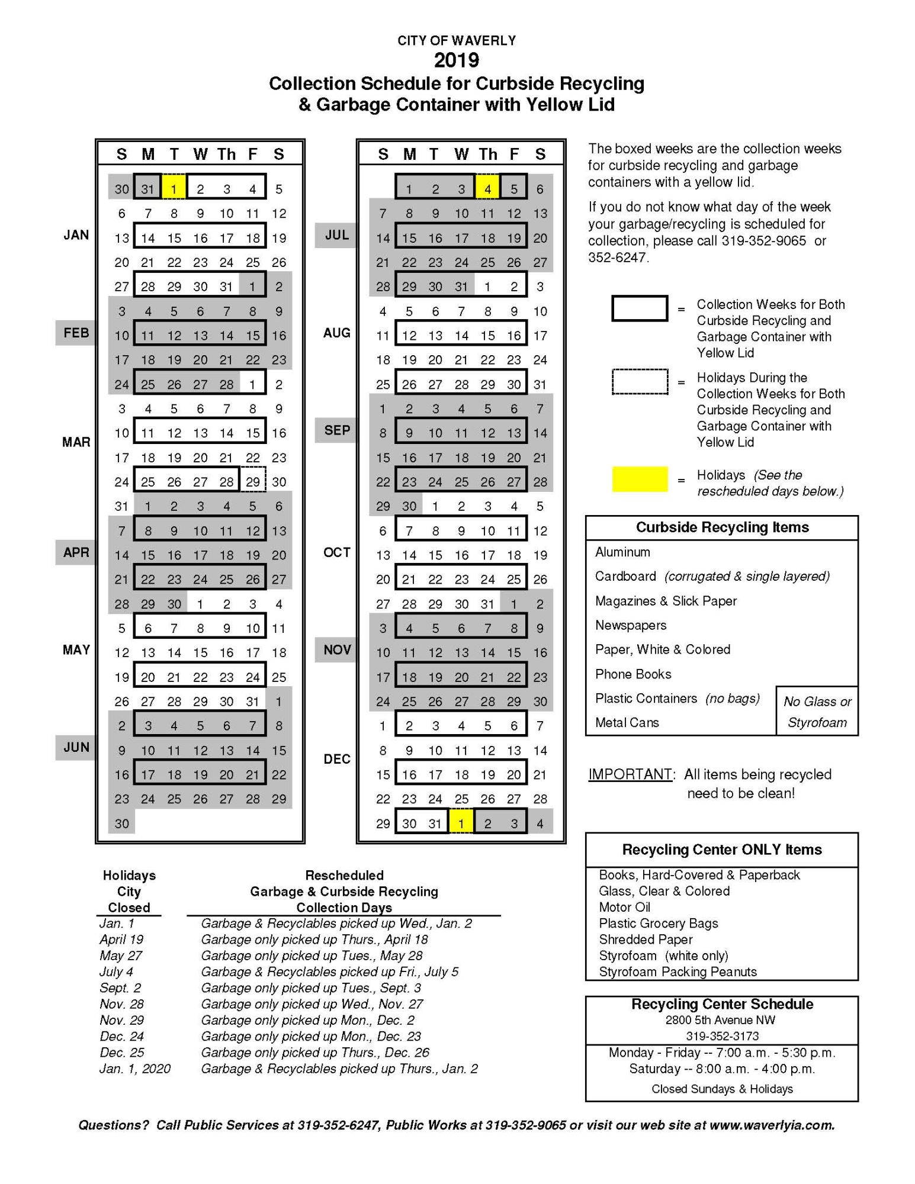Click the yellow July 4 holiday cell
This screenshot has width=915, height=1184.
[x=487, y=189]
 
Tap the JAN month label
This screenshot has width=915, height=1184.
[x=76, y=235]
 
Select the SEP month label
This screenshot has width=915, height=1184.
[x=336, y=430]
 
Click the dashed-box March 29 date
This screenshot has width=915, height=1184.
[x=253, y=481]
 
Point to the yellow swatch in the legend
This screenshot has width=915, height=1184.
[x=640, y=479]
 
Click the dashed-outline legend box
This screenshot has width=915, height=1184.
[x=640, y=382]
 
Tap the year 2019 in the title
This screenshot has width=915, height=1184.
[x=457, y=60]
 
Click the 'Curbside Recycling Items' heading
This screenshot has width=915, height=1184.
[x=722, y=527]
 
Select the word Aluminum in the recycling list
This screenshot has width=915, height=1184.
[x=622, y=552]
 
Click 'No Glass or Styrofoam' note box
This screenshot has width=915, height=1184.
[x=817, y=712]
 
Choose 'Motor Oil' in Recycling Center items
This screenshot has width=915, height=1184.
[x=624, y=907]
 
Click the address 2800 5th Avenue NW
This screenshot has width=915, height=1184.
[x=720, y=1020]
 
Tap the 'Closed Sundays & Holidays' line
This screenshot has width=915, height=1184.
[x=722, y=1089]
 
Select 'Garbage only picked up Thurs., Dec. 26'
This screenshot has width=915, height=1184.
[x=315, y=1052]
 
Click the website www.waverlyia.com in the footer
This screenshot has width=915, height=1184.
[x=771, y=1125]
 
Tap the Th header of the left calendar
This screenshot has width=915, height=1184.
[x=226, y=155]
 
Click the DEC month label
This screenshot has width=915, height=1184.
[x=336, y=759]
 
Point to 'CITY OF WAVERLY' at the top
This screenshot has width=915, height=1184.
[x=457, y=40]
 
